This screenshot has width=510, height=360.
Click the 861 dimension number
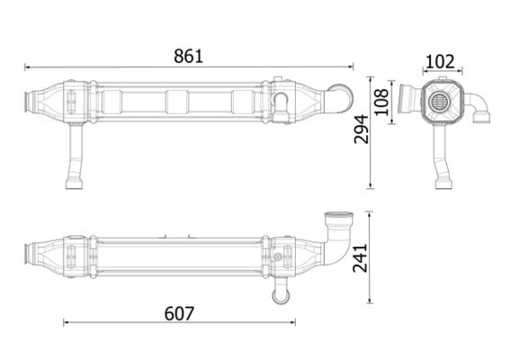tap(189, 54)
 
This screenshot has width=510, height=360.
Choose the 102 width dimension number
tap(439, 61)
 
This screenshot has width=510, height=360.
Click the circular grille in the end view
tap(440, 101)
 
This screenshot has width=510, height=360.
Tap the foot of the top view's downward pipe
tap(73, 184)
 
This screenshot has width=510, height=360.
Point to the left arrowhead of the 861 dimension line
tap(28, 66)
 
